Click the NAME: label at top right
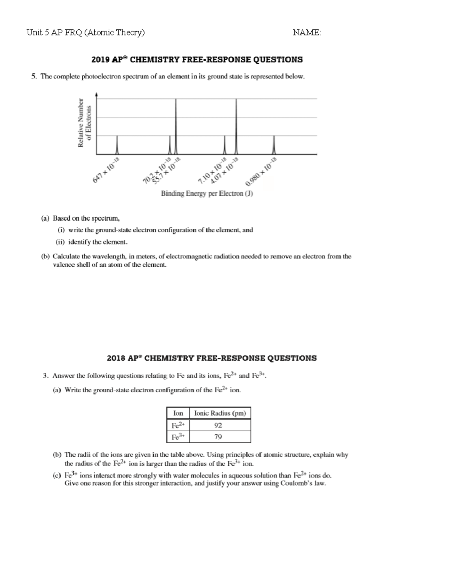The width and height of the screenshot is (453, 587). (307, 33)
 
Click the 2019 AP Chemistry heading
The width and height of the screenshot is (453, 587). (197, 60)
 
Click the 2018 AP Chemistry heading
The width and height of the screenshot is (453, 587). (211, 358)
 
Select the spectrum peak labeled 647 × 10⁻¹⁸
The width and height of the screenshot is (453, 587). (117, 145)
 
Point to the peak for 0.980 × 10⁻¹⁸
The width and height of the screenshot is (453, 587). (274, 145)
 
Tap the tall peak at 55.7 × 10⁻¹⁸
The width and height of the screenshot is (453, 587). (176, 127)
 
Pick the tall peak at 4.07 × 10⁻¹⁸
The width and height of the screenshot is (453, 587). (236, 127)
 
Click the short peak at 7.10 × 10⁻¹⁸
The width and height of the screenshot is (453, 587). (225, 145)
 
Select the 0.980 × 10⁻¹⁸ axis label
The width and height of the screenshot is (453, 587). (262, 172)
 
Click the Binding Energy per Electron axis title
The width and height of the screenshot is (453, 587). (207, 194)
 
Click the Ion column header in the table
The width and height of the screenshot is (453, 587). (178, 414)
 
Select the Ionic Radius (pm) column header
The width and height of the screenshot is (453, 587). (220, 414)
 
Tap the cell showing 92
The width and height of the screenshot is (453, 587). (218, 426)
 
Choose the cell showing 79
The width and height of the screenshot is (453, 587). (218, 437)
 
